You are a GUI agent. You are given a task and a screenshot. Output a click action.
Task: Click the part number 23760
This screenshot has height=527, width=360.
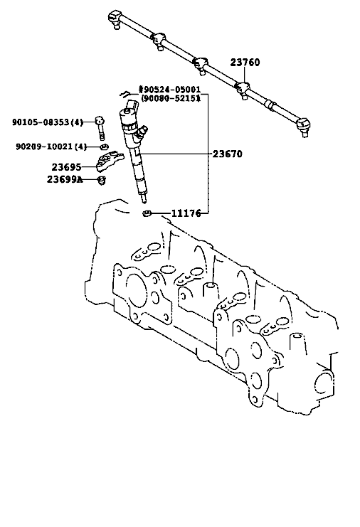point(245,63)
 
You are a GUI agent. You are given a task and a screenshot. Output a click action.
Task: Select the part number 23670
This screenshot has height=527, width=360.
point(227,154)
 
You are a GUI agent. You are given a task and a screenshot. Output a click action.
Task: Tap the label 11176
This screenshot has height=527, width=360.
point(186,213)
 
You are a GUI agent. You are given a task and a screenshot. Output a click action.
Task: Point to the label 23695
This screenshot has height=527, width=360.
point(66,167)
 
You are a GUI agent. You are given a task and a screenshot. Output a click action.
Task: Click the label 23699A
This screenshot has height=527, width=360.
point(65,179)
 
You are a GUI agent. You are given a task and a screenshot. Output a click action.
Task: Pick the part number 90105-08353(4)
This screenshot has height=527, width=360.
point(48,122)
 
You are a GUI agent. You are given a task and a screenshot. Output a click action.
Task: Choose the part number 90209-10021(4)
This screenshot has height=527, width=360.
point(51,147)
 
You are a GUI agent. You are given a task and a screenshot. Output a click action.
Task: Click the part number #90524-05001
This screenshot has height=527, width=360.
point(170,90)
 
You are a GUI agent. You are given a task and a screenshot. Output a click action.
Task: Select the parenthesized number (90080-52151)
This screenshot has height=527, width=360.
point(171,98)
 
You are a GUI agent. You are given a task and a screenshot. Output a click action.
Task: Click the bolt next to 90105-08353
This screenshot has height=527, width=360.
point(100,128)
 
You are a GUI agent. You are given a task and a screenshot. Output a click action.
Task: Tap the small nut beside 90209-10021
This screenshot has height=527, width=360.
point(104,147)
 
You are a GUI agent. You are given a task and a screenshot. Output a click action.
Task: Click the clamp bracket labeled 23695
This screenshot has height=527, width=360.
point(107,160)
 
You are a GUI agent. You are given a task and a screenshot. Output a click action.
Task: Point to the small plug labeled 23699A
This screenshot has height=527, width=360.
point(102,180)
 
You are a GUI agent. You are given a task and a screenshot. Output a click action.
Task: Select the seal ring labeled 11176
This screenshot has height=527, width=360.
point(147,213)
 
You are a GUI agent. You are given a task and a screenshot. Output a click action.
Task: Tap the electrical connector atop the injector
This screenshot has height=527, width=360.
point(133,105)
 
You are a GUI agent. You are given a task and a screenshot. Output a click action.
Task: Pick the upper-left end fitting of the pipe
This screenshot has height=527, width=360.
point(115,18)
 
